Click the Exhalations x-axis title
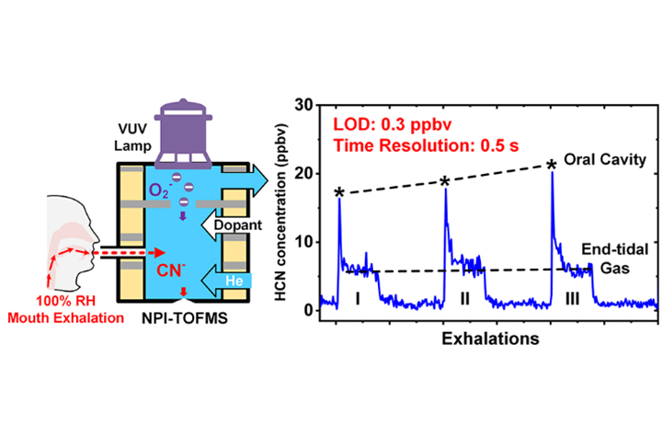(x=485, y=339)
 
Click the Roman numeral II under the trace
(x=465, y=296)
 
